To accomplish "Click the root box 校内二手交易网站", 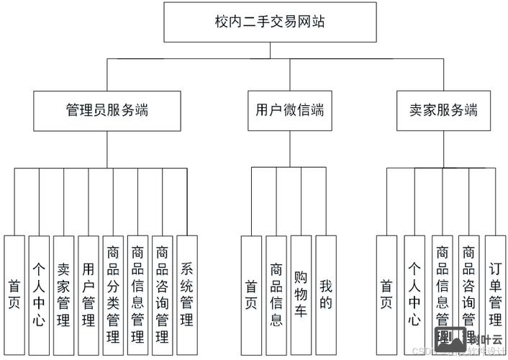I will [x=271, y=22].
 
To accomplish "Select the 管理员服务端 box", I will [x=107, y=110].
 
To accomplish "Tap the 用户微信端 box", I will [x=289, y=110].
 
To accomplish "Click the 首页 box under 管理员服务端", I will [x=14, y=294].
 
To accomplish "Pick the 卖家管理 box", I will [x=64, y=294].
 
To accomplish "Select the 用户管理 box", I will [x=89, y=294].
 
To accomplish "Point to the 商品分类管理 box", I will [x=113, y=294].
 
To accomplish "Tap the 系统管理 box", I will [x=187, y=294].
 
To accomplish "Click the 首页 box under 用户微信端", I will [x=251, y=294].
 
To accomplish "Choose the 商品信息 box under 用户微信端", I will [x=276, y=294].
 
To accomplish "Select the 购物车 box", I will [x=301, y=294].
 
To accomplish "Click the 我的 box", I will [x=326, y=294].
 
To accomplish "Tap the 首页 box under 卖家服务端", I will [x=386, y=294].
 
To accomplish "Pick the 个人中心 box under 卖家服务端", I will [x=414, y=294].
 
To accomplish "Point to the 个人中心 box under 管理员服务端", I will [x=39, y=294].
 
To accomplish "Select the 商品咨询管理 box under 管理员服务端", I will [x=163, y=294].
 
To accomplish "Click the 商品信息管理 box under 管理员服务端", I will [x=137, y=294].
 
